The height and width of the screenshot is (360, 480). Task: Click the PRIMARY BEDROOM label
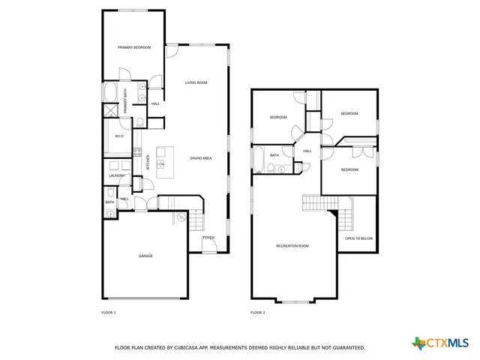[134, 47]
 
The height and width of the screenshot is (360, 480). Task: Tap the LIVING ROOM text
[196, 82]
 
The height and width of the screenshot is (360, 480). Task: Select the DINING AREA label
[200, 158]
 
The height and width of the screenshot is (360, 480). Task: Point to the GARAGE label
[145, 256]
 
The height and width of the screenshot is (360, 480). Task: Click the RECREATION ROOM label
[292, 246]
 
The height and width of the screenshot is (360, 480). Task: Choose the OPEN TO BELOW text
[358, 238]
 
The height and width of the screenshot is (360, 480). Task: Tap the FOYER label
[208, 238]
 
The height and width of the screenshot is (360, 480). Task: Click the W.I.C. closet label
[119, 136]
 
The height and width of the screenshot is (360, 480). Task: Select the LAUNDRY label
[116, 175]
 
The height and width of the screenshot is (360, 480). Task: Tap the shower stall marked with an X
[110, 110]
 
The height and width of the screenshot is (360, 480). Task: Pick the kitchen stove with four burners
[137, 153]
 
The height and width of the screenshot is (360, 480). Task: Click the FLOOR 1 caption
[109, 311]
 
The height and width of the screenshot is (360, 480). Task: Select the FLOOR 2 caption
[257, 311]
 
